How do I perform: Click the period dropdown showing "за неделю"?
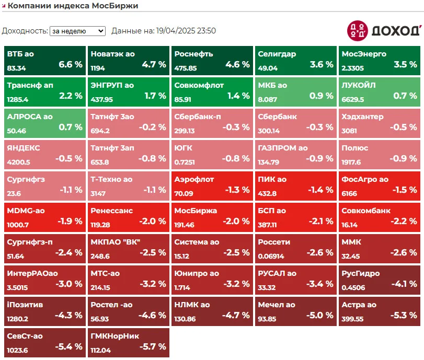click(77, 31)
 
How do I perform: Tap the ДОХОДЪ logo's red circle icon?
click(358, 31)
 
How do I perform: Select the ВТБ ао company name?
click(20, 54)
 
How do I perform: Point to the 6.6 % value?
click(71, 64)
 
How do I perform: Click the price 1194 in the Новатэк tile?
click(98, 68)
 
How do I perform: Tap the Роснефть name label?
click(193, 54)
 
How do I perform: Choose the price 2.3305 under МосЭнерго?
click(352, 68)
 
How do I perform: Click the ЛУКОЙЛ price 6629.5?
click(352, 99)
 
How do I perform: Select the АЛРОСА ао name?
click(30, 117)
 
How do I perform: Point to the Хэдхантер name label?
click(362, 117)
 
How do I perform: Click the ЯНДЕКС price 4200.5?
click(18, 162)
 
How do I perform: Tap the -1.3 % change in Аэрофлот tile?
click(237, 190)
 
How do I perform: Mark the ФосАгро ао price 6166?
click(349, 193)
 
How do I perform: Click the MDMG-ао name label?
click(26, 211)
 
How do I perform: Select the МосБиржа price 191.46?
click(184, 225)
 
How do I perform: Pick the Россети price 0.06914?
click(271, 256)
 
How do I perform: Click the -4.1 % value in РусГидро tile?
click(404, 284)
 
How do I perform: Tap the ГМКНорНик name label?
click(115, 336)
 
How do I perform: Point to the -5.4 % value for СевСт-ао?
click(68, 346)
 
